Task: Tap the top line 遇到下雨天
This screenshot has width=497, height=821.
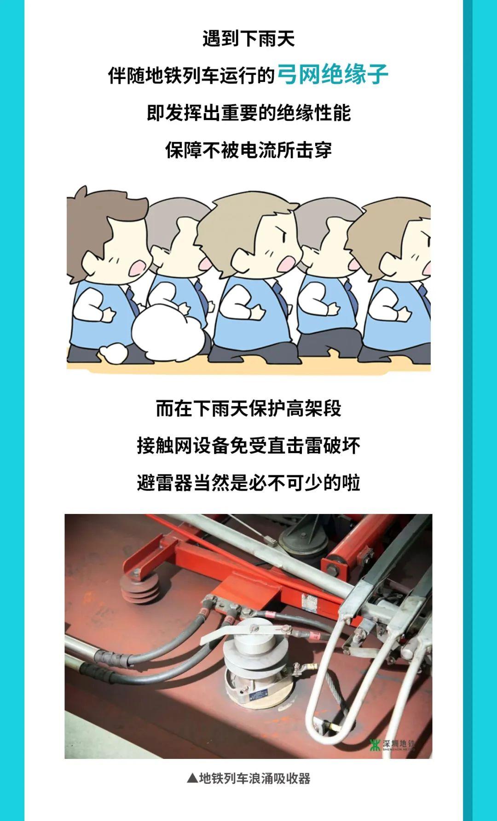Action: [x=248, y=39]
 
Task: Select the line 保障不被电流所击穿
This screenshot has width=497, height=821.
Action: [x=248, y=150]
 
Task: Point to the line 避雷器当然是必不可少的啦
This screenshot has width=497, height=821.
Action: [x=248, y=483]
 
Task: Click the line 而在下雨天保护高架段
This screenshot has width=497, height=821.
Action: [x=248, y=408]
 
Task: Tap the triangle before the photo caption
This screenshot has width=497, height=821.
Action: [x=192, y=778]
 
